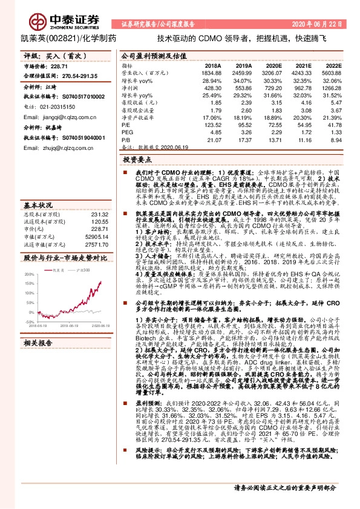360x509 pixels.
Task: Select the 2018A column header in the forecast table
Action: pyautogui.click(x=212, y=65)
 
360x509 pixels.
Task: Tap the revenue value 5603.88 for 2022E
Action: pyautogui.click(x=333, y=72)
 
